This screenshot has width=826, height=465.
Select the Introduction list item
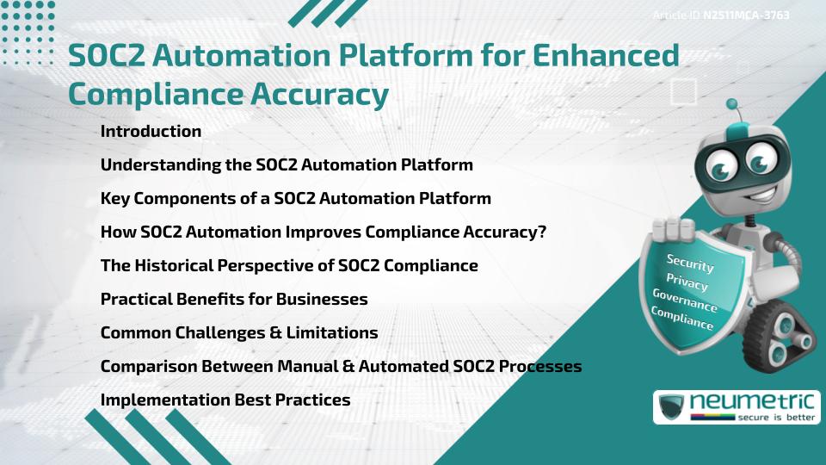click(151, 132)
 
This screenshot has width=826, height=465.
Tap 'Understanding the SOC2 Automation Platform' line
click(287, 164)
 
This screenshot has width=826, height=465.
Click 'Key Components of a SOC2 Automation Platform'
click(295, 198)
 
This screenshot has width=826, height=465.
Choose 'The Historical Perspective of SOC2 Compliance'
click(289, 265)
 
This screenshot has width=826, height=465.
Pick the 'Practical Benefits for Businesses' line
click(234, 299)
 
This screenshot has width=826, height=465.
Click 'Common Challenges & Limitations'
click(239, 332)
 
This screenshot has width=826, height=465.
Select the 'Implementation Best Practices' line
click(225, 400)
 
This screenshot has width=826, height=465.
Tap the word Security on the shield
click(690, 263)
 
